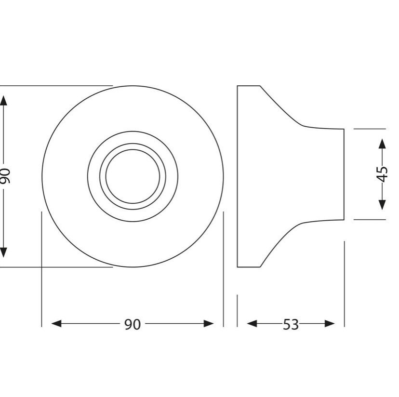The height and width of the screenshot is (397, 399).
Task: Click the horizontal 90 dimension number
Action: [133, 324]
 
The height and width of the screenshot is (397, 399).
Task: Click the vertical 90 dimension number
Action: [5, 176]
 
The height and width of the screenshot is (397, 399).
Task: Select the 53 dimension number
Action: [291, 324]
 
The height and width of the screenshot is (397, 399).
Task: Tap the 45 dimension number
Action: [382, 174]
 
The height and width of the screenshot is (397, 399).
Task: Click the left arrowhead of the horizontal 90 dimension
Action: [56, 324]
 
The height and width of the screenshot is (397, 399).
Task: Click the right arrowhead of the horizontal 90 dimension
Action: [209, 324]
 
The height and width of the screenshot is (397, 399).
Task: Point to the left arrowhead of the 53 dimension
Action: [252, 324]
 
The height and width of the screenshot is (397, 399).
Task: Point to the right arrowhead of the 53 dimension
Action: [330, 324]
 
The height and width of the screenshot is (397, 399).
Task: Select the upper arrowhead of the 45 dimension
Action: [382, 144]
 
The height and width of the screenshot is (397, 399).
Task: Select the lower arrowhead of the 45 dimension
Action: [382, 205]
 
